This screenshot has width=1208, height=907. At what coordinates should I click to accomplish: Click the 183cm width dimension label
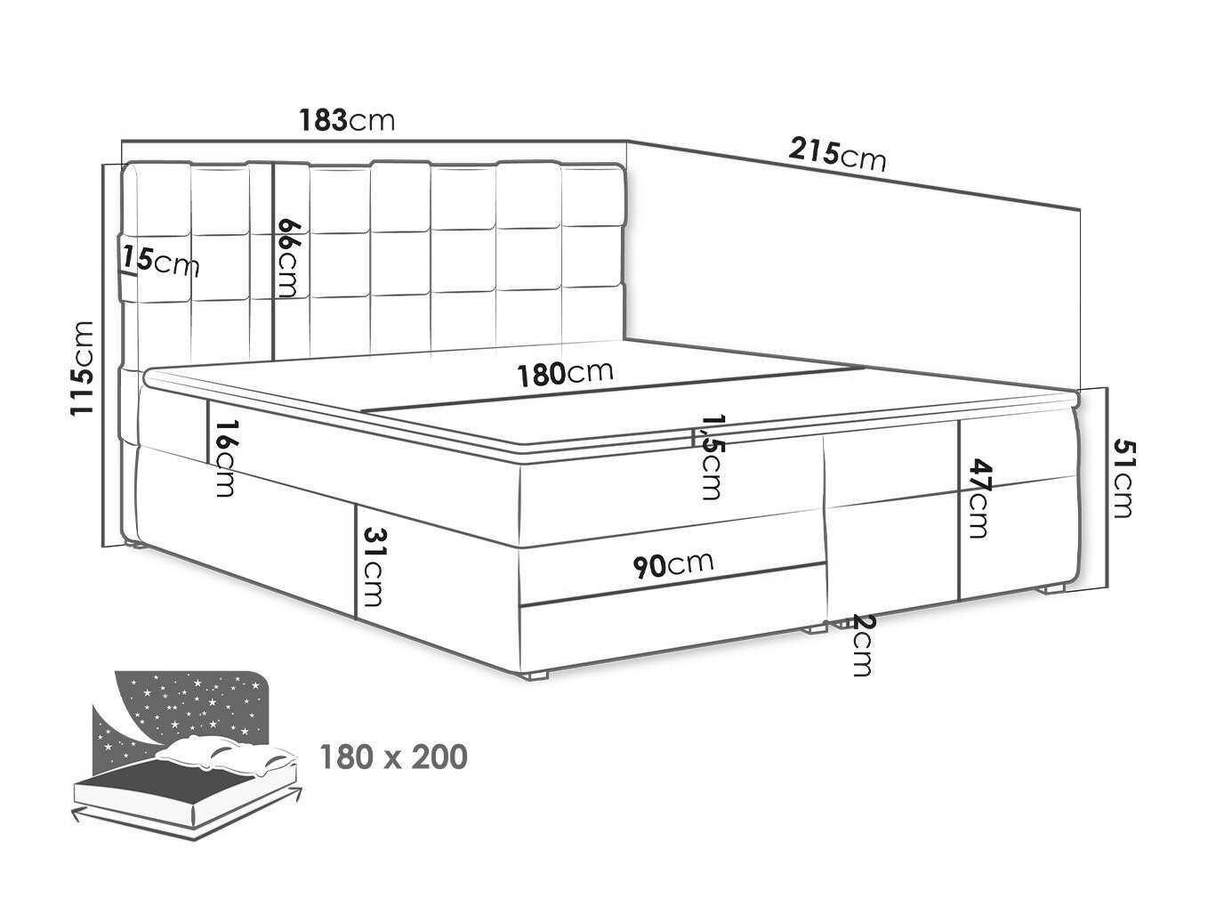click(347, 120)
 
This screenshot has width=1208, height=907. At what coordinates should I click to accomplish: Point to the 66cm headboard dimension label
click(289, 258)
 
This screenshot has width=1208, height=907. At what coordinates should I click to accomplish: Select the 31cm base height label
click(372, 567)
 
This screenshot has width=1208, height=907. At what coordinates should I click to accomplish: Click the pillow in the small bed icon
click(225, 753)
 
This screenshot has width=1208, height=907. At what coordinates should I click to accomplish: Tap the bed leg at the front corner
click(537, 676)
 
